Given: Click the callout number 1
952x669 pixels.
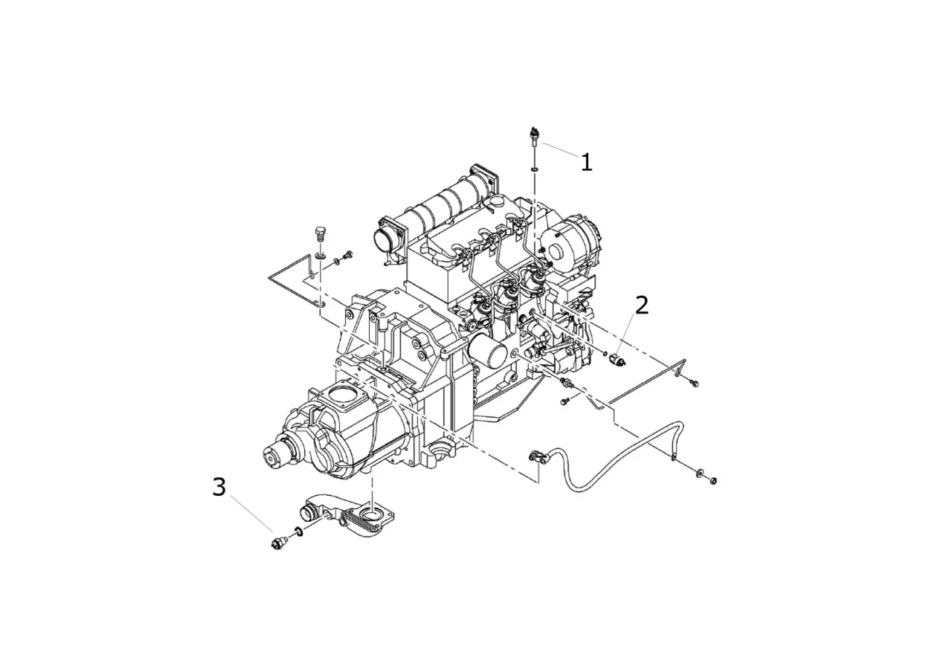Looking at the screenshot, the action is (x=587, y=163).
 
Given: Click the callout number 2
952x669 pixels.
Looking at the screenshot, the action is (x=642, y=306).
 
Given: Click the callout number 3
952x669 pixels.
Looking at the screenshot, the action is (x=219, y=487).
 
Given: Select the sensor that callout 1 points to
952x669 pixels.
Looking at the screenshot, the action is (x=534, y=137).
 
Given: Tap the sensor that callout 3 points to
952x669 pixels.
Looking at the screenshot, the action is (x=279, y=543).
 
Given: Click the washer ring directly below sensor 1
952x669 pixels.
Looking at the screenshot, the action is (x=535, y=170).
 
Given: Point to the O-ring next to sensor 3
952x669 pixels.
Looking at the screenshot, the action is (x=298, y=531).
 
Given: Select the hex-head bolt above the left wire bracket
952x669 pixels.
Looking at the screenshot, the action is (x=319, y=234).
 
